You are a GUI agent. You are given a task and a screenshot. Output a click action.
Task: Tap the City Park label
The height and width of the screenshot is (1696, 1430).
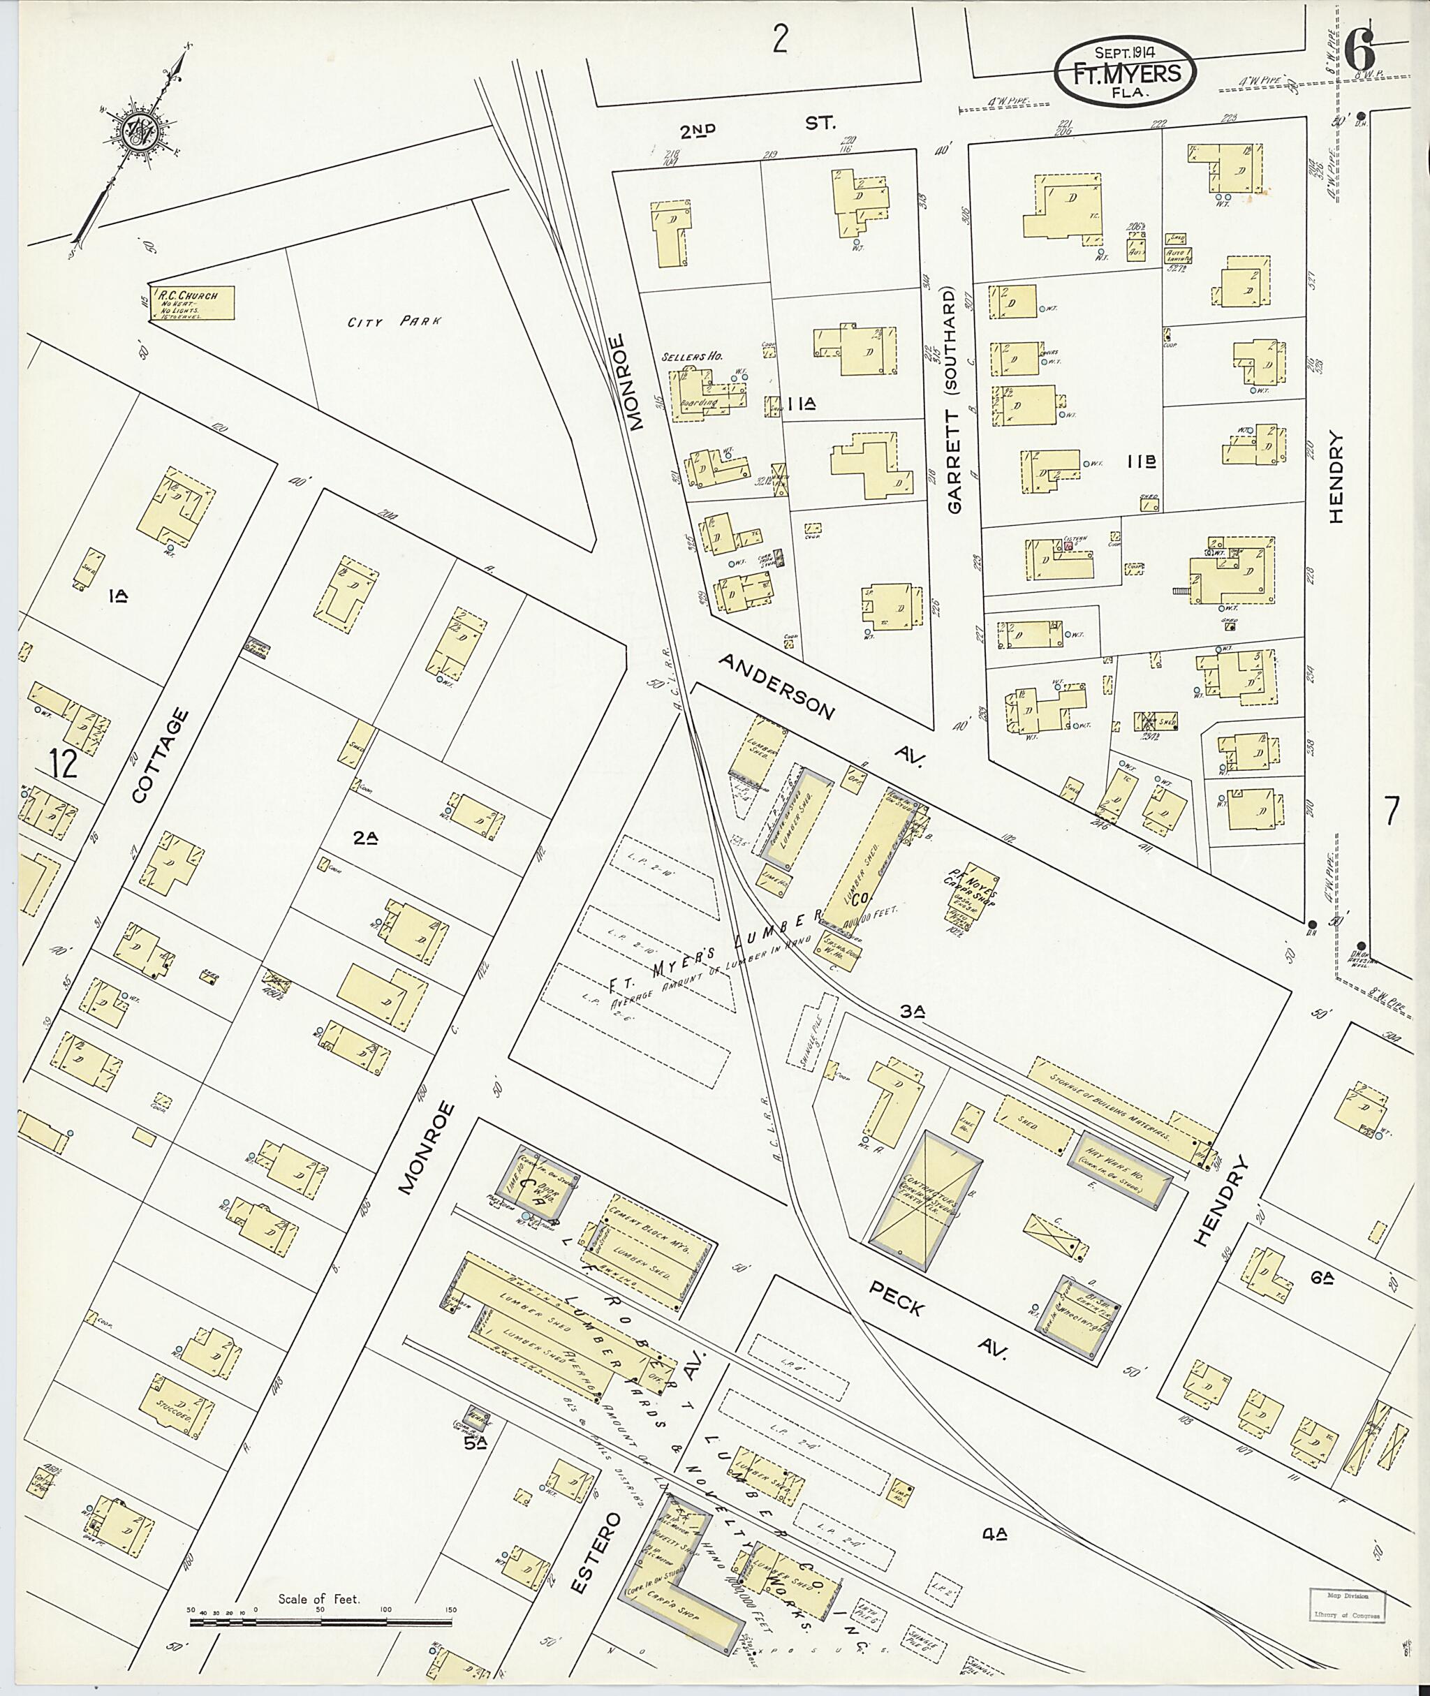(394, 322)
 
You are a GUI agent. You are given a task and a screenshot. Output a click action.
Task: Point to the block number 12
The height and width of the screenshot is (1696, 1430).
(64, 763)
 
